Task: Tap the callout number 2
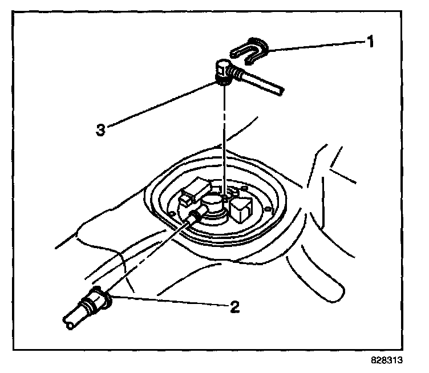click(233, 307)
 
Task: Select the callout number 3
click(100, 130)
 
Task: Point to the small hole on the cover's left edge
click(171, 214)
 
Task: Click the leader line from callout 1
click(314, 46)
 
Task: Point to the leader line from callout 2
click(171, 301)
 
